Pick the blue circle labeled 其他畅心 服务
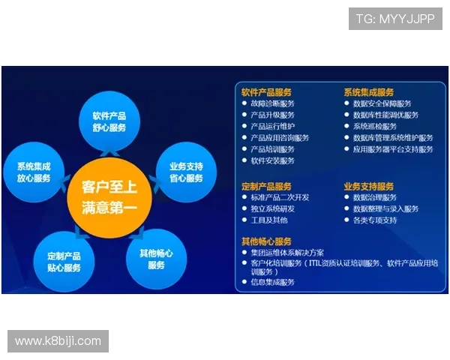click(x=156, y=259)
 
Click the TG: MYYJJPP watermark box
click(x=395, y=18)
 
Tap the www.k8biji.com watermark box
click(x=58, y=341)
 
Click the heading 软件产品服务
click(x=266, y=92)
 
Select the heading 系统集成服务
click(x=369, y=92)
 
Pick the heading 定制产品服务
click(x=266, y=186)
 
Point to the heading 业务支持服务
click(x=369, y=186)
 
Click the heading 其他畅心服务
click(x=266, y=241)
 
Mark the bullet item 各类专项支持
click(x=375, y=220)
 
